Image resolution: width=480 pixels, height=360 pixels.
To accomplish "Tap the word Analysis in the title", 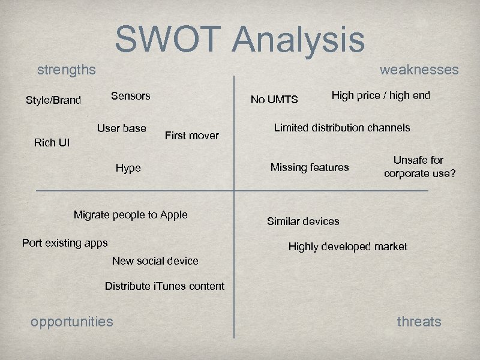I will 298,39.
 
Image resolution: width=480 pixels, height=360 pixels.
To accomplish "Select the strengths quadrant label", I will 66,70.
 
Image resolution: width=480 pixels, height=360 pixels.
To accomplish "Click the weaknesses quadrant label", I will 419,70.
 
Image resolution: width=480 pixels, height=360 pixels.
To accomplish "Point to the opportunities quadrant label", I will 71,322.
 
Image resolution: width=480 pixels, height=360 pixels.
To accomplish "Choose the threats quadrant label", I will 419,322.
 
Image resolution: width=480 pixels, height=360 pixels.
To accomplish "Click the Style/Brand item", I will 53,100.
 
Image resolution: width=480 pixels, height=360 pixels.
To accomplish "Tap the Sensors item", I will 131,95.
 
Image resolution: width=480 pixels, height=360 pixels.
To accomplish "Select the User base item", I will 122,128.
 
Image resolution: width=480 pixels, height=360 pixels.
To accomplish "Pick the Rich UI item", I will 52,142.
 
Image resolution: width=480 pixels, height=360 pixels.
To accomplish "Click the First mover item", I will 191,136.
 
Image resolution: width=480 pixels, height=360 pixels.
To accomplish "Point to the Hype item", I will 128,168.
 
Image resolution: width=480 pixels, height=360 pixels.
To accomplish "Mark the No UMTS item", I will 274,100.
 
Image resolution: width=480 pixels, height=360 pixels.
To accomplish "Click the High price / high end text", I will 381,95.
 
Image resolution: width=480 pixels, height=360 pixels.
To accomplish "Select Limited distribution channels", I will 342,127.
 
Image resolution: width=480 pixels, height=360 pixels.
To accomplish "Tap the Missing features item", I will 310,167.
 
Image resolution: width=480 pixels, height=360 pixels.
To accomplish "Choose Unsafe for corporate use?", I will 419,167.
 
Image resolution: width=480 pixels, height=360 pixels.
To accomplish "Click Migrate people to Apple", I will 130,215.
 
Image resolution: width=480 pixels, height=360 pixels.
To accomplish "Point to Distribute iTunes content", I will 164,286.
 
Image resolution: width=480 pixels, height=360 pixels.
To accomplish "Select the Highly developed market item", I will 347,247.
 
